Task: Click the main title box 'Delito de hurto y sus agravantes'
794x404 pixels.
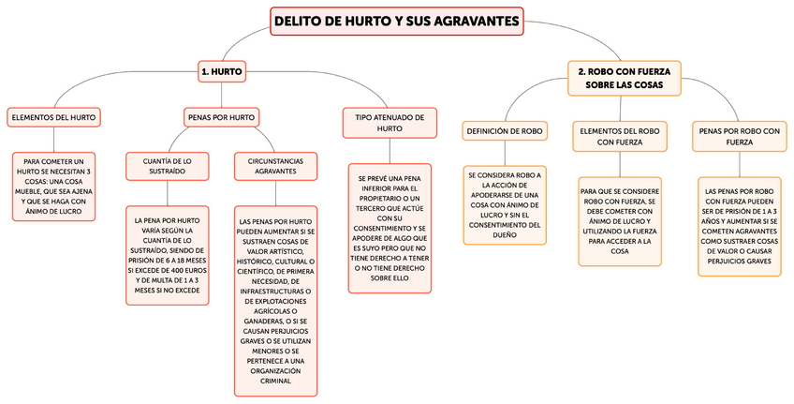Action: [398, 22]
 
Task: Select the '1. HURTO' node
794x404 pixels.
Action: [222, 70]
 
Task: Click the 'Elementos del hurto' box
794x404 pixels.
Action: [53, 117]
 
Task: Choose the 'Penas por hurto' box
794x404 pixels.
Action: [221, 117]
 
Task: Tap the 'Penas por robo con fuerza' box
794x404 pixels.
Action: [738, 137]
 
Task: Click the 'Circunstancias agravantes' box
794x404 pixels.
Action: [275, 166]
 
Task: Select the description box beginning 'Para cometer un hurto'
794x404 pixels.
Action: [58, 187]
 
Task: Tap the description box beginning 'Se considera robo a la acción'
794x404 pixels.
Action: [505, 205]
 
